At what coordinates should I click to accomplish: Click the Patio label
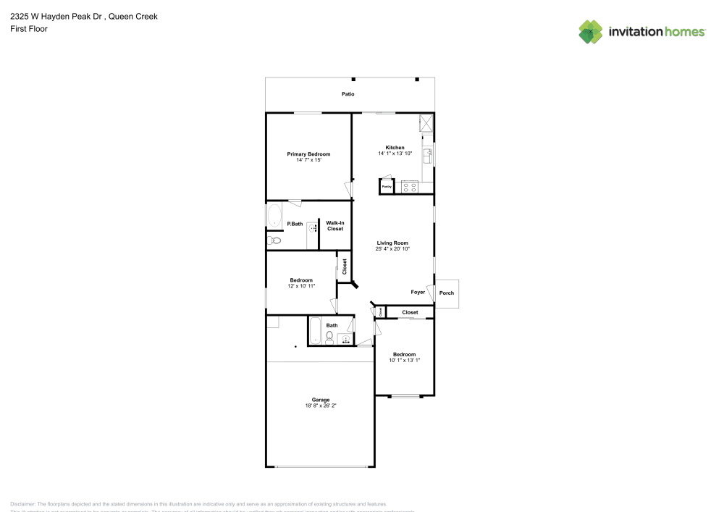point(348,94)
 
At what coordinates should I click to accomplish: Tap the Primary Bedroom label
point(308,154)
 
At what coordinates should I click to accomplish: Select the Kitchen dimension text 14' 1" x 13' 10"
point(395,154)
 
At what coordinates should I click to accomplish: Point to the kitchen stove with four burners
point(410,187)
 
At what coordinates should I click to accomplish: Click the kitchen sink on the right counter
point(427,153)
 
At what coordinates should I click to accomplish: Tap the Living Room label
point(392,243)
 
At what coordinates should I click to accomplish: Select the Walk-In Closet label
point(334,226)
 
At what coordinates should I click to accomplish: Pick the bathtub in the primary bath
point(274,216)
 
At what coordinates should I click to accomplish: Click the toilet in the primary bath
point(274,240)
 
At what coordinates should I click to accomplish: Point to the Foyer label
point(418,292)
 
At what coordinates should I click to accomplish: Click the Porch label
point(447,293)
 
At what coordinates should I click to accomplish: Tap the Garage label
point(321,400)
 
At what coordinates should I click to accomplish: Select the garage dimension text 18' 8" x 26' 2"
point(321,406)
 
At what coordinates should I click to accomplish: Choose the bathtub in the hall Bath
point(315,332)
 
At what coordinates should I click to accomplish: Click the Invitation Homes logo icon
point(591,31)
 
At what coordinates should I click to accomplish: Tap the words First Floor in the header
point(29,29)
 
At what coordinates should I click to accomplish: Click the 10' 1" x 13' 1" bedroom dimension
point(404,360)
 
